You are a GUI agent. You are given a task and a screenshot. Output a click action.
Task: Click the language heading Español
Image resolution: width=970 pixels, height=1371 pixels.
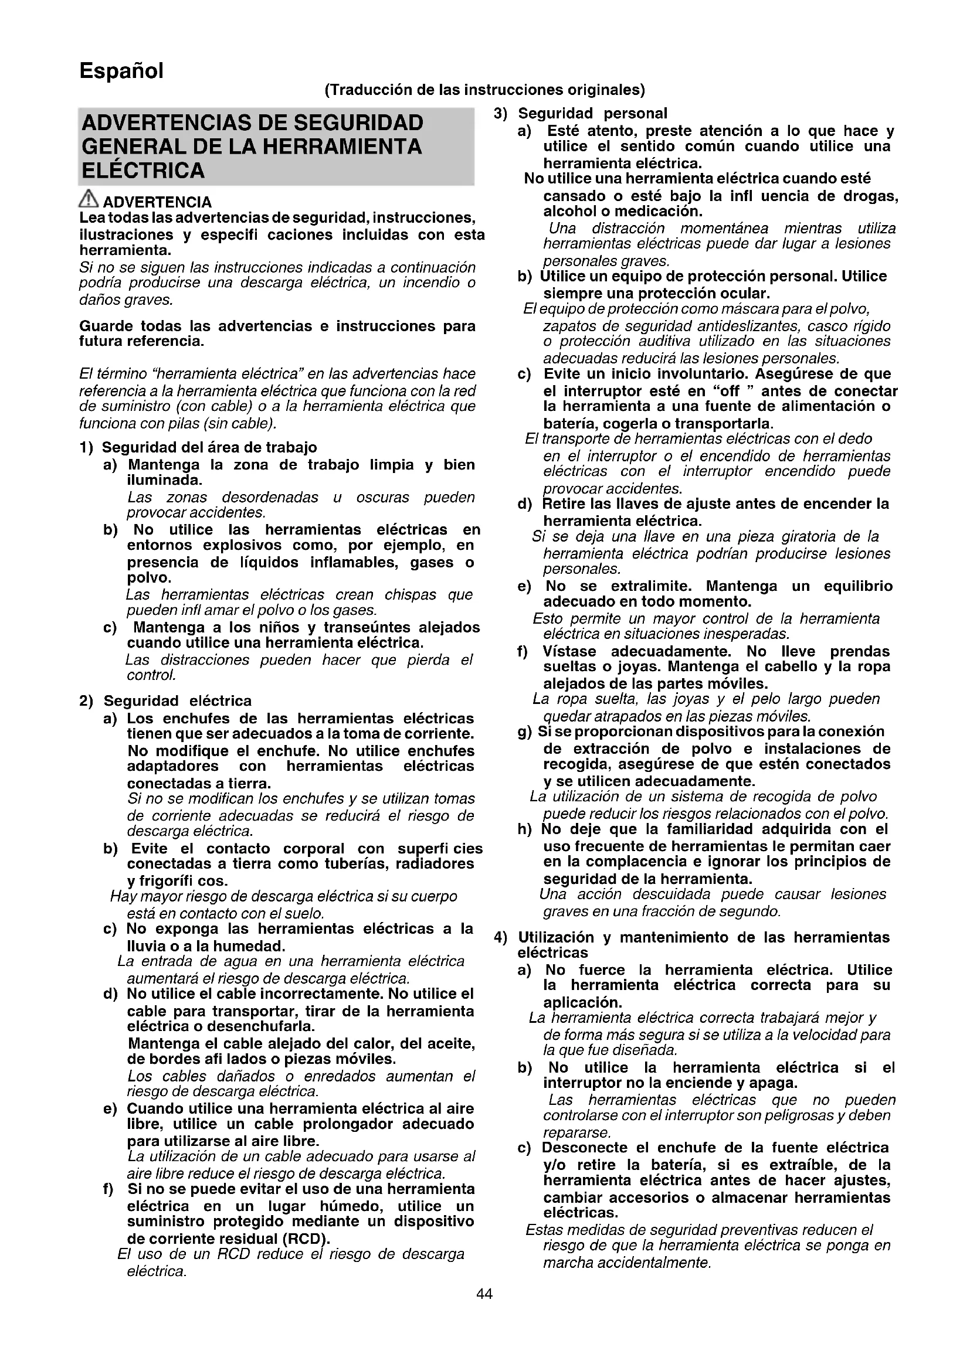[121, 71]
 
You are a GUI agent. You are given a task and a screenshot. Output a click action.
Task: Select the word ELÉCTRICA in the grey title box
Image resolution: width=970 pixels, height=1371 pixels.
[143, 171]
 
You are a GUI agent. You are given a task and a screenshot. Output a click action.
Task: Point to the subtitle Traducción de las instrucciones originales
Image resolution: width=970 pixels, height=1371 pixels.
[484, 90]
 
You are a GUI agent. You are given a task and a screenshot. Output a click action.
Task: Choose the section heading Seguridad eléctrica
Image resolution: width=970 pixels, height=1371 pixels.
[177, 700]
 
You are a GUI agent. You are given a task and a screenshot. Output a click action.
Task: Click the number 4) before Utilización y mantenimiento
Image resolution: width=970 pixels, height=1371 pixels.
[501, 937]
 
